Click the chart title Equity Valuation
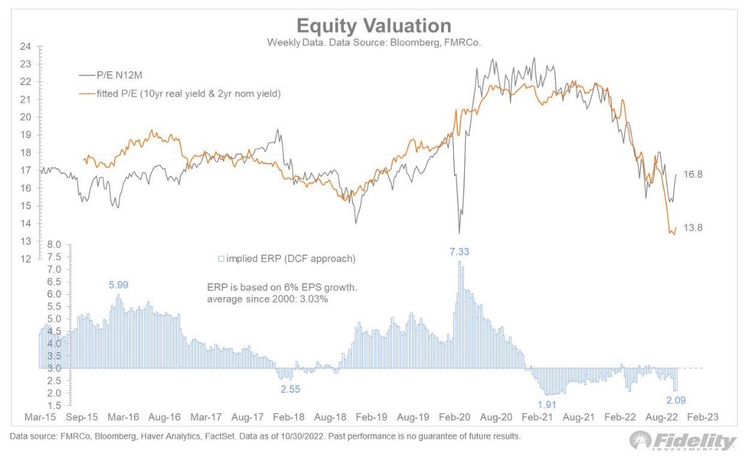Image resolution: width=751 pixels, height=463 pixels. (373, 26)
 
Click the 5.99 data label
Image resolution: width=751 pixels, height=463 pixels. (118, 285)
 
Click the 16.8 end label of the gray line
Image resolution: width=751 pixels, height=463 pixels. (693, 174)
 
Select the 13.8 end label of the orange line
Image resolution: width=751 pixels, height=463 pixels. (693, 228)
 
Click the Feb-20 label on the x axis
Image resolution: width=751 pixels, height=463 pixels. (455, 417)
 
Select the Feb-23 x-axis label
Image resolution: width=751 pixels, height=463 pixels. (703, 417)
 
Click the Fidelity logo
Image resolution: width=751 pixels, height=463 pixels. (683, 441)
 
